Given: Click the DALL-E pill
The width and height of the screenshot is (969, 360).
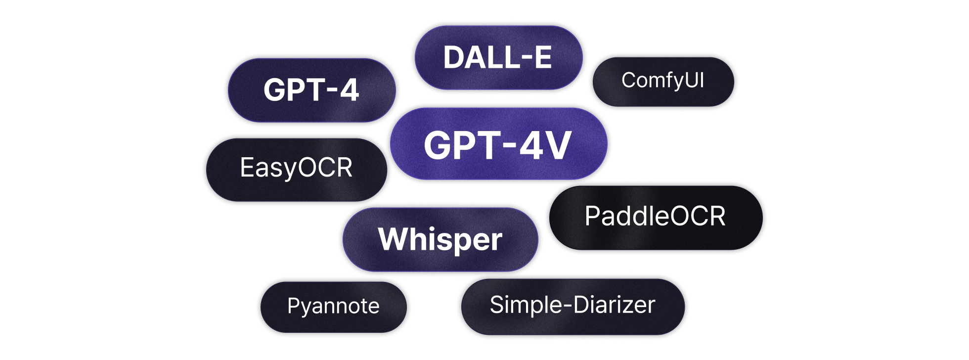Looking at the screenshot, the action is click(x=498, y=57).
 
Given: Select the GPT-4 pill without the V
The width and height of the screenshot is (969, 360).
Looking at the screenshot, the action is click(x=311, y=90).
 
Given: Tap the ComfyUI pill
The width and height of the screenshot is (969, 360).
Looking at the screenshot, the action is click(x=663, y=82).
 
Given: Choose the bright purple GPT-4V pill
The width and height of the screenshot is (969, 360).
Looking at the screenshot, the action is click(x=498, y=143).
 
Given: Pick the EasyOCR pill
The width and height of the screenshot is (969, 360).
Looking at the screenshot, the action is click(x=296, y=170).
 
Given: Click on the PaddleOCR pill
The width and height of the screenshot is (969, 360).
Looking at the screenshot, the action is click(x=656, y=218).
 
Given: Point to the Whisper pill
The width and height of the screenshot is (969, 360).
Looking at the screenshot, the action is click(x=440, y=239).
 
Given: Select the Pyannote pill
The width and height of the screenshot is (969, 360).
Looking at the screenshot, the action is click(x=333, y=307).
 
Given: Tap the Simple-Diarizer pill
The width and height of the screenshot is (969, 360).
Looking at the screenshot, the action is click(x=573, y=307).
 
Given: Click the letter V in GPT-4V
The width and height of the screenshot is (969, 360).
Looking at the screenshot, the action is click(x=555, y=145).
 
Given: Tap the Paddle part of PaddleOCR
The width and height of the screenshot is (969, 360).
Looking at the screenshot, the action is click(x=627, y=216).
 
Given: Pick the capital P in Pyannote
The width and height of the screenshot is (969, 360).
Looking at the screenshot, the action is click(x=294, y=306).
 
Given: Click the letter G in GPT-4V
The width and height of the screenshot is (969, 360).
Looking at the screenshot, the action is click(x=438, y=145).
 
